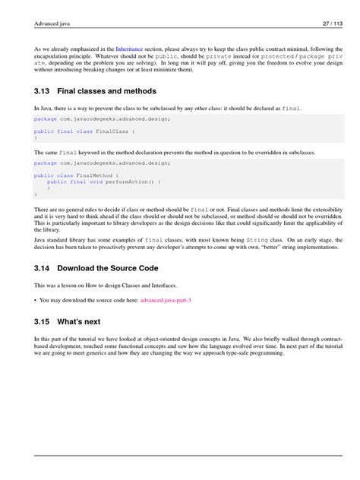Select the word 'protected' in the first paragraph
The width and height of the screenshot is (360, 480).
[x=283, y=56]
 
